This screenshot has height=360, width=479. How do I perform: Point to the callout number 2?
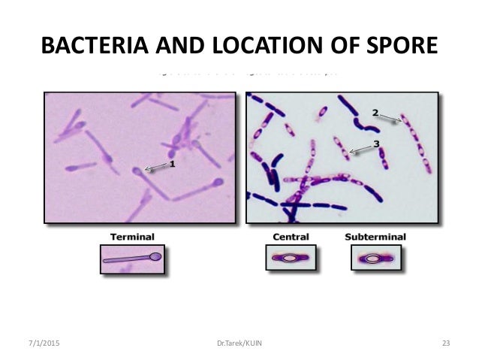point(375,112)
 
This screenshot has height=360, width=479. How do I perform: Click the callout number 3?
point(376,143)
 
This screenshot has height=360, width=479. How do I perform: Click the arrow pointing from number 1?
point(155,167)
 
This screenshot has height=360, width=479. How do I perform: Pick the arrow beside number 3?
point(360,147)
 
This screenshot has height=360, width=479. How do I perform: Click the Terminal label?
point(132,237)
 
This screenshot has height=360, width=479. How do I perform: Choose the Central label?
point(289,237)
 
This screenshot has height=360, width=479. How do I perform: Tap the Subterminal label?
point(375,237)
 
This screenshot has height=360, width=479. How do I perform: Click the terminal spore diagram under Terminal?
point(132,258)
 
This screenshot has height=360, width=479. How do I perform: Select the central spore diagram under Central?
point(289,258)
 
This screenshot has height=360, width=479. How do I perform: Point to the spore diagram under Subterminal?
point(372,258)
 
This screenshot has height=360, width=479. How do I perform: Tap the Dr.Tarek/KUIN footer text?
point(239,343)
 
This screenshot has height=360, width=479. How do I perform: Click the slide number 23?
point(445,343)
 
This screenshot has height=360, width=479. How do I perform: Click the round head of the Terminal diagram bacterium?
point(155,256)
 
